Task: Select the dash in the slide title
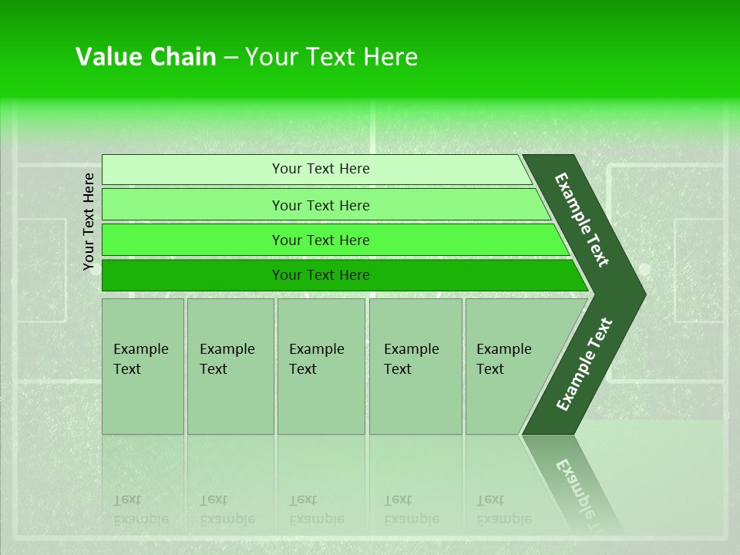[230, 58]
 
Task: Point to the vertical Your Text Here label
[89, 221]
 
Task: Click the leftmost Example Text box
[143, 366]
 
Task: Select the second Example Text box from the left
[230, 366]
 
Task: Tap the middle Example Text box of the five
[321, 366]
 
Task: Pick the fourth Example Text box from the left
[415, 366]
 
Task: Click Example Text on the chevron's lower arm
[584, 364]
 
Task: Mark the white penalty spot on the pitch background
[644, 269]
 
